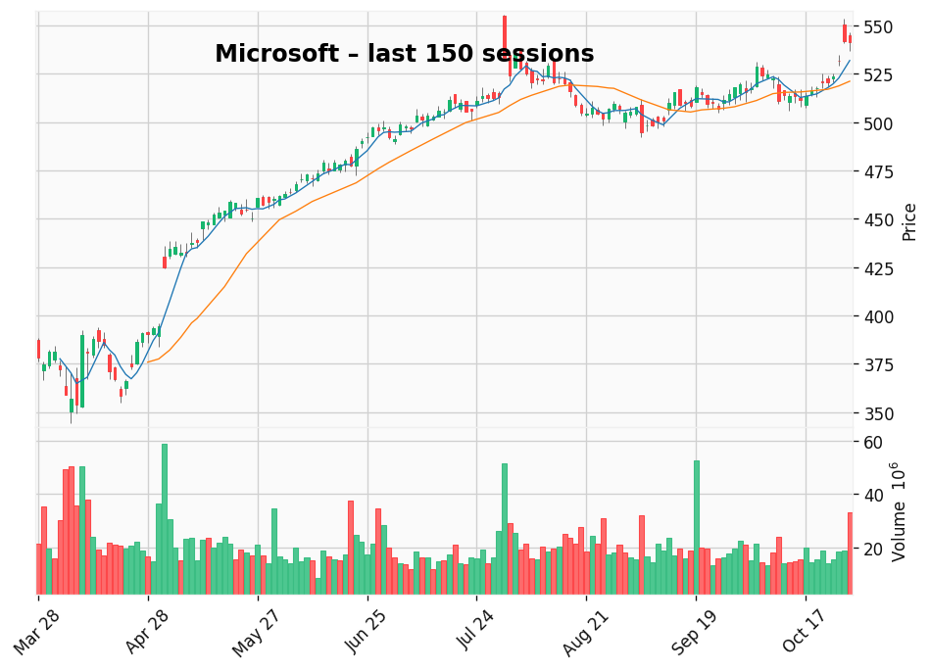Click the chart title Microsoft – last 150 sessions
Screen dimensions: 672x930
[404, 55]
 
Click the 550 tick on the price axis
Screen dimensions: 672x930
[879, 26]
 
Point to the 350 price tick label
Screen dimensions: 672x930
[879, 413]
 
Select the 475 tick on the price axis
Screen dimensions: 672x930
[879, 171]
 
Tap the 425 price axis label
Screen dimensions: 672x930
[879, 268]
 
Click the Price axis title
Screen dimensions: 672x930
[909, 221]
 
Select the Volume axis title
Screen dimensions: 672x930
[898, 511]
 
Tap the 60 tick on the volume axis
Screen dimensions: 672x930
[873, 443]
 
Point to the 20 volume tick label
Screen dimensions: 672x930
[873, 549]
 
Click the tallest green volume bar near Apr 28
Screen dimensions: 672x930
[165, 519]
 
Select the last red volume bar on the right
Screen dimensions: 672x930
[850, 553]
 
